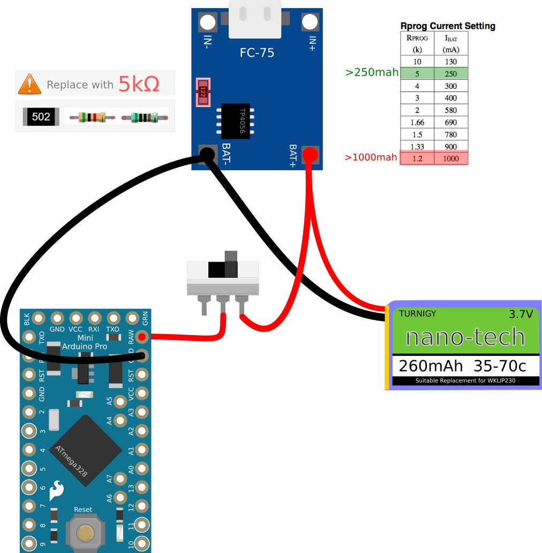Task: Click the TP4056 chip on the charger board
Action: [x=235, y=121]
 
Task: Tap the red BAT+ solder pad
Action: [x=310, y=155]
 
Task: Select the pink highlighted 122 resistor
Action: [x=203, y=92]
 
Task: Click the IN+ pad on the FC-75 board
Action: [x=310, y=22]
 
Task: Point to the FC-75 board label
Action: [x=256, y=53]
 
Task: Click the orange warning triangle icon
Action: [x=29, y=85]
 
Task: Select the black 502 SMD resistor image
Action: [x=41, y=116]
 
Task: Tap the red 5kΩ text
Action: [x=139, y=84]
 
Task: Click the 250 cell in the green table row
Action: [x=451, y=74]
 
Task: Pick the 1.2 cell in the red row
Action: [x=417, y=158]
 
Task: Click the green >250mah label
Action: [x=372, y=72]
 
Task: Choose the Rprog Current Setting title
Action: [x=448, y=26]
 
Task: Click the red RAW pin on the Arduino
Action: [x=141, y=337]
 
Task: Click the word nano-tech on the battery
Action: [x=465, y=337]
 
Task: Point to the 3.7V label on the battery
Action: [x=521, y=314]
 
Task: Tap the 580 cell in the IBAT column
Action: [x=451, y=110]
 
